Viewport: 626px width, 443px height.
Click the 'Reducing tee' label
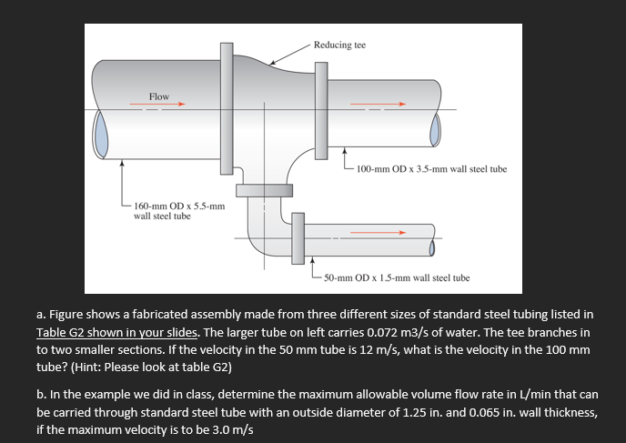coord(339,45)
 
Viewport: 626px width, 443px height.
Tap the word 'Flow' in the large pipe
coord(159,96)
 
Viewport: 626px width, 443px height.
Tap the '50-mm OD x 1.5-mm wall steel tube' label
coord(397,277)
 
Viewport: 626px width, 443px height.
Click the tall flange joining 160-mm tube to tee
coord(225,108)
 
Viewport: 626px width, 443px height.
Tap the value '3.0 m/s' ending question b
coord(229,429)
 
